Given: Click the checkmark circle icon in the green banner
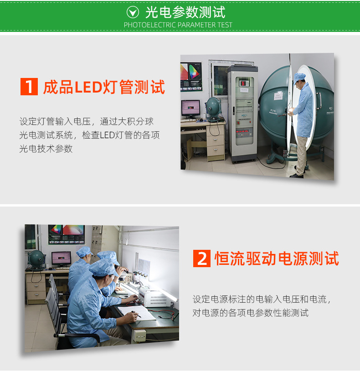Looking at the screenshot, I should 133,12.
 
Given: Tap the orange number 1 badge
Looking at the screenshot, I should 29,87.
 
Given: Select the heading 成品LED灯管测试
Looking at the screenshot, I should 104,87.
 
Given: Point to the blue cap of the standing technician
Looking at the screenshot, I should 299,77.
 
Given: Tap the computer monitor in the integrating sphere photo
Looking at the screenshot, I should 190,108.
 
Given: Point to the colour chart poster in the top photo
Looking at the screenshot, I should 191,72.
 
